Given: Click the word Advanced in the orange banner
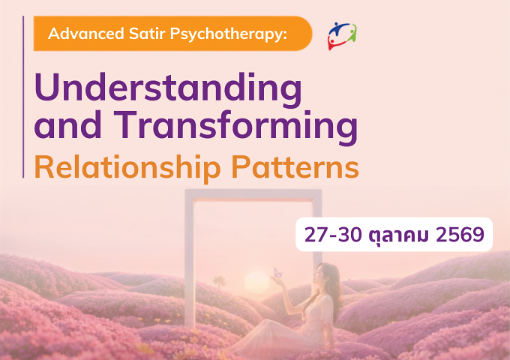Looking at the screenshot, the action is click(86, 34).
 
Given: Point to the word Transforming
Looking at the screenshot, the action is click(235, 127).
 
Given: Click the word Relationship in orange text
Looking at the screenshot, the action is click(127, 168).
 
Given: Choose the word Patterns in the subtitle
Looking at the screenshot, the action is click(295, 167).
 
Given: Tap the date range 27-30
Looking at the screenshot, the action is click(333, 235).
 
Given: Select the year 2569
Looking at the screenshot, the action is click(460, 235).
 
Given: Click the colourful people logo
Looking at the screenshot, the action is click(342, 36).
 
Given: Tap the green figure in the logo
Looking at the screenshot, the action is click(352, 34).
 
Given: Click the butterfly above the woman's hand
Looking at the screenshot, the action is click(277, 272).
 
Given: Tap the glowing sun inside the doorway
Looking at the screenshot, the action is click(256, 282).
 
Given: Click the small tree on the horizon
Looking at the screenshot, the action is click(219, 282).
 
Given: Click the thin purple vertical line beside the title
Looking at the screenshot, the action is click(23, 97).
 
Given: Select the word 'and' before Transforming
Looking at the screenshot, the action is click(67, 126).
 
